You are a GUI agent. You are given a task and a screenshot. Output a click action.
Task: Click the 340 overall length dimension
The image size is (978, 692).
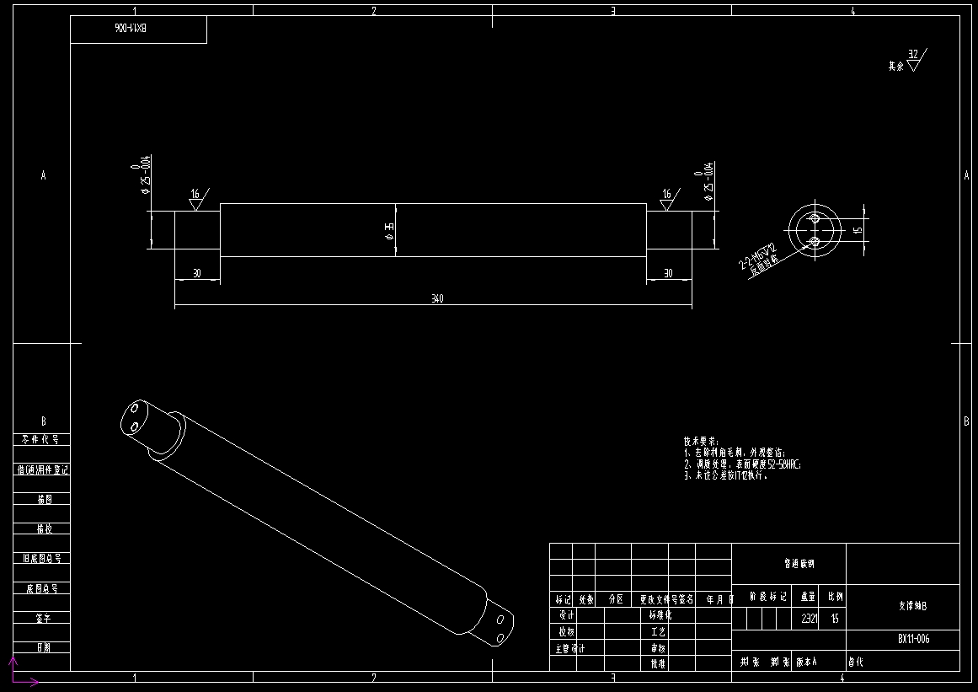tap(437, 298)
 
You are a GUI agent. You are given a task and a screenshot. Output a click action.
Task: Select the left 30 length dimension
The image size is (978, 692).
tap(196, 273)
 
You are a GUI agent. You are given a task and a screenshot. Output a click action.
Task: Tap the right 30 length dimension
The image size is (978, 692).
tap(668, 273)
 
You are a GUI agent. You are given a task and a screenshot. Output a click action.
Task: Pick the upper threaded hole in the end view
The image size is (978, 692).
tap(815, 218)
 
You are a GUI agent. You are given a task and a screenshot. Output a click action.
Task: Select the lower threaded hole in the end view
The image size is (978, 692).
tap(815, 242)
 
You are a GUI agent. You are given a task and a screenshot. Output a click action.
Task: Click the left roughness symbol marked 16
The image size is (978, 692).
tap(196, 198)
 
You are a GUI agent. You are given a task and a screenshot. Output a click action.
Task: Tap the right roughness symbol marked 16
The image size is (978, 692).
tap(668, 198)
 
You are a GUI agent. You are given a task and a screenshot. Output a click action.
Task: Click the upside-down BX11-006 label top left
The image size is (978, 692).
tap(131, 29)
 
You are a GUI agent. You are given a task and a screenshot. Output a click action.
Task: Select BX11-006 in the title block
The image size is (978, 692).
tap(913, 639)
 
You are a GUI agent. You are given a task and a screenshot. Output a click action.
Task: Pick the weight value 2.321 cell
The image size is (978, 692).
tap(808, 618)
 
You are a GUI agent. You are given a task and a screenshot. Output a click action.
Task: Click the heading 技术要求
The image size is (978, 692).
tap(700, 441)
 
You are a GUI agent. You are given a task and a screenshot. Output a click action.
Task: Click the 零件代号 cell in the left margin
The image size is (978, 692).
tap(40, 440)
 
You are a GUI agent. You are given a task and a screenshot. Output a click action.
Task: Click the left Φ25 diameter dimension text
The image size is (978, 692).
tap(145, 174)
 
